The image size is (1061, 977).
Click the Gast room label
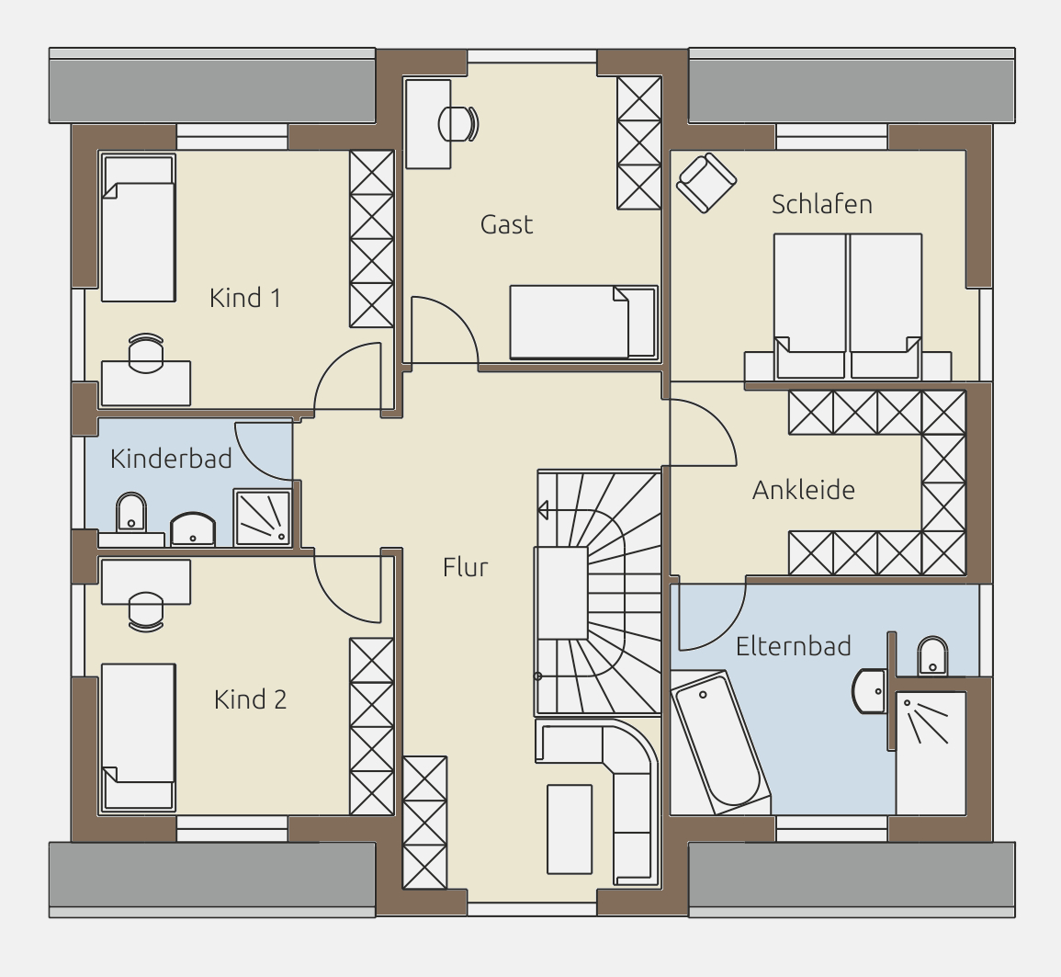tap(506, 224)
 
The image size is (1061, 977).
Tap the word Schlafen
tap(821, 204)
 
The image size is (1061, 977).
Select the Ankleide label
tap(803, 490)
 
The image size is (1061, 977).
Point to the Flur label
tap(465, 567)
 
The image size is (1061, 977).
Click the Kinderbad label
tap(171, 459)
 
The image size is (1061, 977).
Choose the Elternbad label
tap(793, 646)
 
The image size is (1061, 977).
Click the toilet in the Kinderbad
tap(131, 513)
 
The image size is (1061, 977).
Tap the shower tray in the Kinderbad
tap(263, 517)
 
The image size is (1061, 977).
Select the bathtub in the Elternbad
tap(720, 742)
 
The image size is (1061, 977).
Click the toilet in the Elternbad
tap(932, 655)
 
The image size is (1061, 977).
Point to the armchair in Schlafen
tap(705, 183)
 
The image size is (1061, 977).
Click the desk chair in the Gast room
tap(458, 124)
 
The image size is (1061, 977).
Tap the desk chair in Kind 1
tap(145, 353)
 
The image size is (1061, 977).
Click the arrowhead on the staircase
tap(542, 510)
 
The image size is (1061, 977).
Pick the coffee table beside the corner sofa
tap(569, 829)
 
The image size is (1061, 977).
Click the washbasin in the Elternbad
tap(870, 691)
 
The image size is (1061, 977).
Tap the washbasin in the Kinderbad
tap(193, 529)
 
